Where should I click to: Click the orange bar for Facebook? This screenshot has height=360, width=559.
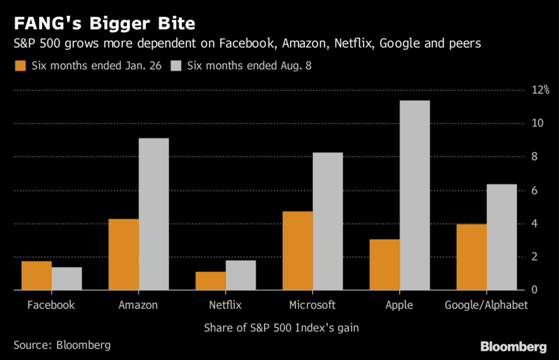[36, 275]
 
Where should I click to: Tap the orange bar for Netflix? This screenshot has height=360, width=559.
[211, 280]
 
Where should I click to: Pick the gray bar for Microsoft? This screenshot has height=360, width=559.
[327, 221]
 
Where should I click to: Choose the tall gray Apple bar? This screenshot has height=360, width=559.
[414, 195]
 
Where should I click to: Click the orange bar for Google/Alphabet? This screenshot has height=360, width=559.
[472, 257]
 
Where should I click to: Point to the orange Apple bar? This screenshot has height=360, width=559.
[385, 264]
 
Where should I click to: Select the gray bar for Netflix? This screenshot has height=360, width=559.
[240, 275]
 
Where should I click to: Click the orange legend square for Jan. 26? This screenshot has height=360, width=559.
[20, 66]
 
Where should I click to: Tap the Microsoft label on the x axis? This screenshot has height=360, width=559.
[312, 305]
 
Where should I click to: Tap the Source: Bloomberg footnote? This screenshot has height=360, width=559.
[61, 345]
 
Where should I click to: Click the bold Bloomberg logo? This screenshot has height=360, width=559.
[514, 347]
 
